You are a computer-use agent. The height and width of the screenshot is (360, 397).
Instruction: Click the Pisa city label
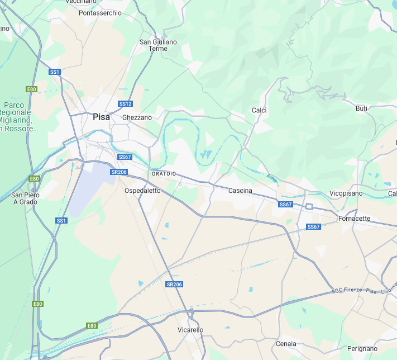click(x=101, y=117)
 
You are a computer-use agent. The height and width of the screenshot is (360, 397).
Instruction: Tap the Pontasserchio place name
click(x=100, y=13)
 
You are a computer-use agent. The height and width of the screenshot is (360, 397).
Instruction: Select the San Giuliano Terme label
click(x=158, y=45)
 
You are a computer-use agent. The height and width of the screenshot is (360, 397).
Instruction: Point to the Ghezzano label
click(x=137, y=117)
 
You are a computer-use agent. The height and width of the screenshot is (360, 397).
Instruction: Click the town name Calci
click(x=259, y=110)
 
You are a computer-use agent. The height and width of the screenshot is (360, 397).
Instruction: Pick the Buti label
click(x=361, y=108)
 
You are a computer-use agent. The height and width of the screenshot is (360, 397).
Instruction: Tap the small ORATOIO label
click(x=164, y=174)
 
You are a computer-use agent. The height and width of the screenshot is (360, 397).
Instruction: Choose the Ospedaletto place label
click(x=142, y=191)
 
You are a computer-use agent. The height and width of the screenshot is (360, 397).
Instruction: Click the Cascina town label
click(x=240, y=191)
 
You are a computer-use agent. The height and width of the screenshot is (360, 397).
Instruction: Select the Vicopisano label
click(x=346, y=193)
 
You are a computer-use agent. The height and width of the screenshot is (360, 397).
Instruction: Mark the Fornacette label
click(x=355, y=219)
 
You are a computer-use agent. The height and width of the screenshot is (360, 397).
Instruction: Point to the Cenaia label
click(x=286, y=344)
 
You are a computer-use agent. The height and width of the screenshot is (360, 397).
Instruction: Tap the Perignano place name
click(x=362, y=348)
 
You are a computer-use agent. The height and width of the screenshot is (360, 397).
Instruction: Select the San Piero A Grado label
click(x=25, y=198)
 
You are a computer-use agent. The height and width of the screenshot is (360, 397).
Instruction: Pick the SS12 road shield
click(x=125, y=104)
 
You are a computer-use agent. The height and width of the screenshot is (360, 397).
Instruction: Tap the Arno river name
click(x=272, y=178)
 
